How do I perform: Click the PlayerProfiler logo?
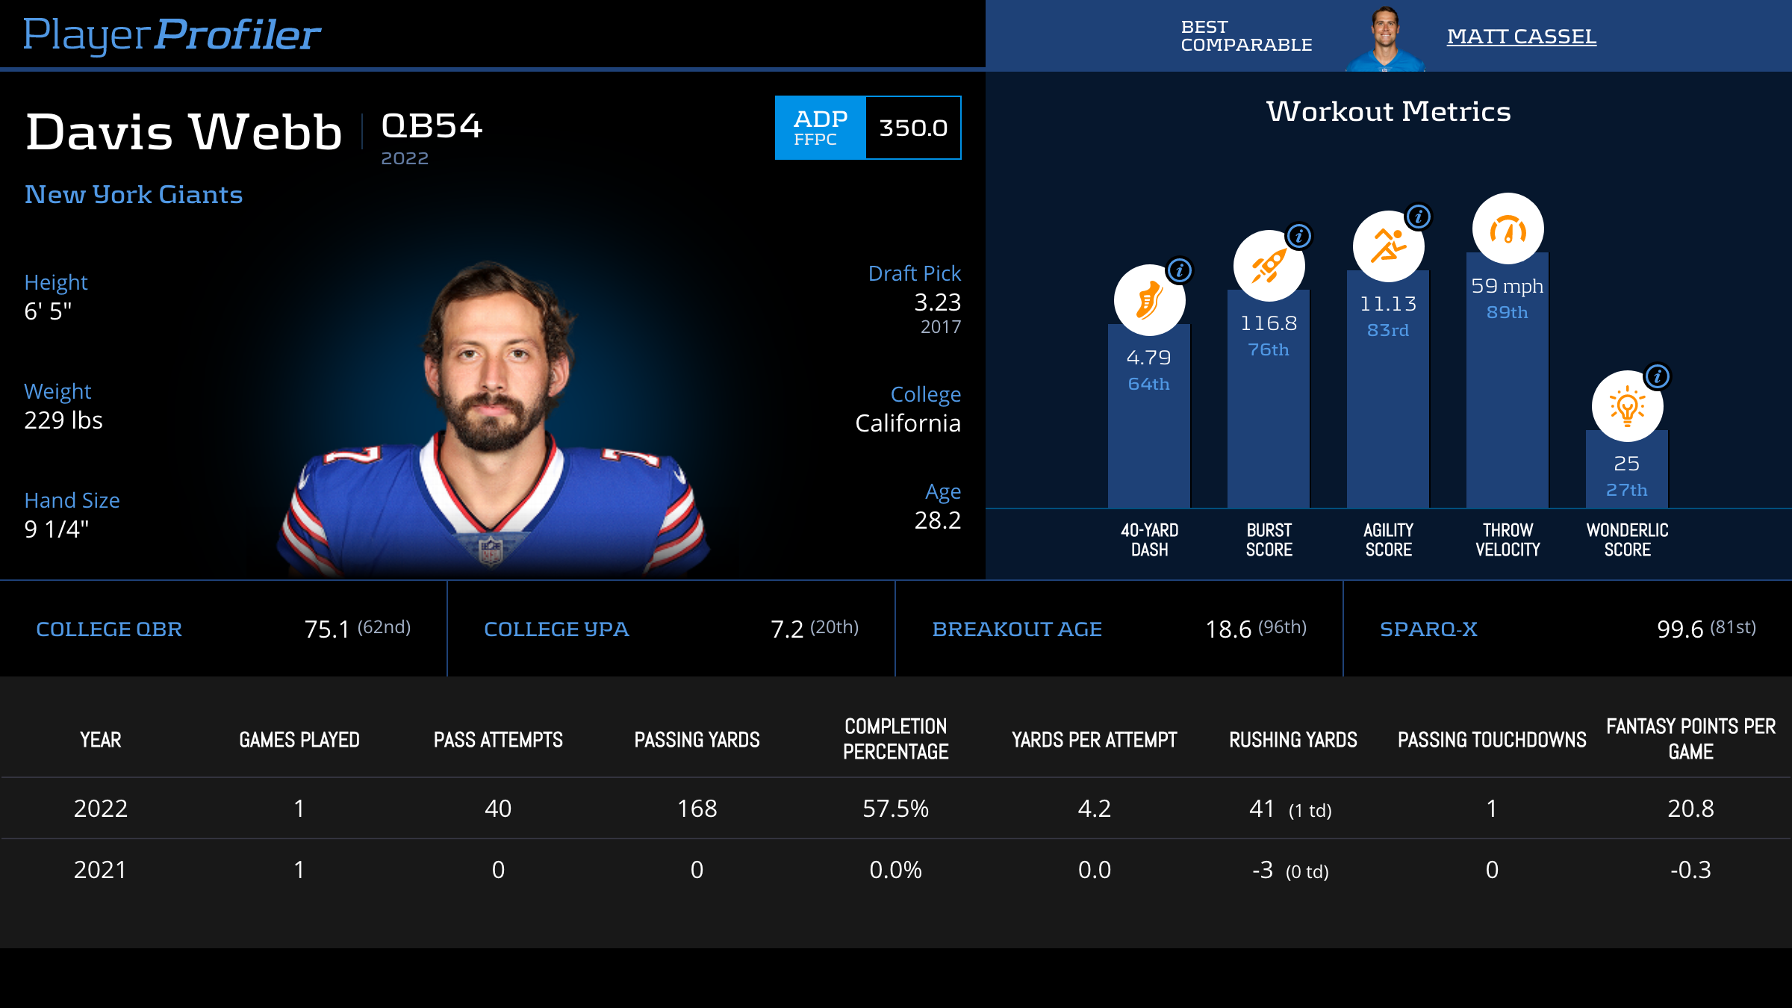point(172,34)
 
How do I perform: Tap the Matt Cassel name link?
point(1521,37)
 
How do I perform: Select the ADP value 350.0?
point(913,128)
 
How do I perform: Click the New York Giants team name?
point(134,195)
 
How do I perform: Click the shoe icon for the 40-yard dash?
point(1149,301)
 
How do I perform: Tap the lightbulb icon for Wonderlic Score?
point(1627,407)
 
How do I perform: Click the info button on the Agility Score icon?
point(1419,217)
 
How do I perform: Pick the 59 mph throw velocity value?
point(1507,286)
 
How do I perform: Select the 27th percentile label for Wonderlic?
point(1626,491)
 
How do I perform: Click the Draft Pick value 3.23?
point(937,302)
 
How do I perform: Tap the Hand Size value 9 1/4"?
point(57,529)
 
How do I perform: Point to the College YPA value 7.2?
point(787,629)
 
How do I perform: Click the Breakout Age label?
point(1017,629)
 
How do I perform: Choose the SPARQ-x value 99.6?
point(1680,629)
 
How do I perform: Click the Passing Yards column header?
point(697,740)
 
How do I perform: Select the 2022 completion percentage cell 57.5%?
point(895,809)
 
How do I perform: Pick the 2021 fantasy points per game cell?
point(1690,870)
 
